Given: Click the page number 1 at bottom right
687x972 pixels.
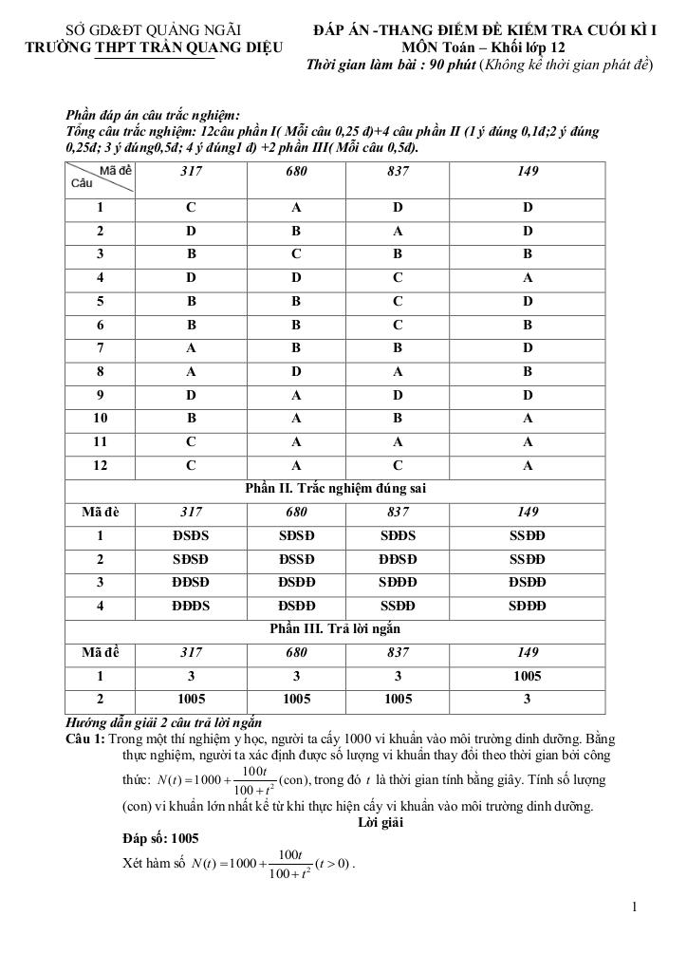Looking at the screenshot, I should [635, 907].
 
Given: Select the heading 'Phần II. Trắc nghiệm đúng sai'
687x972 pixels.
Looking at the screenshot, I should [335, 489].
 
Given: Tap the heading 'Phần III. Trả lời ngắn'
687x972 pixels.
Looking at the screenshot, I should [335, 629].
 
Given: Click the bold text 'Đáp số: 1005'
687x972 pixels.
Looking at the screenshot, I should [160, 839].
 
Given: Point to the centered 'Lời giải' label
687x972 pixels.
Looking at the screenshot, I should [380, 822].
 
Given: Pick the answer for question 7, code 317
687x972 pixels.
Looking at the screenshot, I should [191, 348].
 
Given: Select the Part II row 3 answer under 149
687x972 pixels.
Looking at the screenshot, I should [527, 582].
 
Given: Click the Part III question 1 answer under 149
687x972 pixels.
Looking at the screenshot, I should [527, 676].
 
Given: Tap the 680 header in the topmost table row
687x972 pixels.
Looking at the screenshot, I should [296, 172].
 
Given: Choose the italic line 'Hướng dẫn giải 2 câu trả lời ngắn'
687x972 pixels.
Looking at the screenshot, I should [162, 722].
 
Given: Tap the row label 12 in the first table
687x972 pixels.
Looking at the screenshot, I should [100, 465].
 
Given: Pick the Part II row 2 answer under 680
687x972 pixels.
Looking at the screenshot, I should [296, 559].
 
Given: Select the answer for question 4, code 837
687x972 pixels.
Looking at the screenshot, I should [398, 278].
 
